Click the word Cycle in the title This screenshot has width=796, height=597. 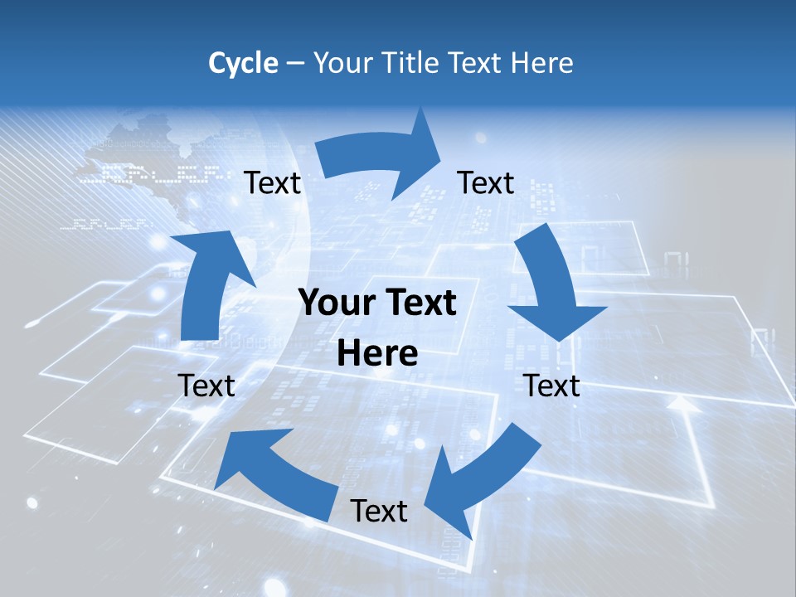pyautogui.click(x=243, y=63)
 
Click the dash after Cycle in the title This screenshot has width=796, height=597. pyautogui.click(x=295, y=63)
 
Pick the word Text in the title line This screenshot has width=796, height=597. pyautogui.click(x=475, y=63)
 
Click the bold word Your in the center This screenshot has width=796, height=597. pyautogui.click(x=335, y=303)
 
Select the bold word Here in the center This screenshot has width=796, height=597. pyautogui.click(x=377, y=354)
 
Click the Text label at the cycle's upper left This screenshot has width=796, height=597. pyautogui.click(x=272, y=183)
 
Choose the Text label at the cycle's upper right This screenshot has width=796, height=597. pyautogui.click(x=486, y=183)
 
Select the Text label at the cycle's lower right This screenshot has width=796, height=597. pyautogui.click(x=551, y=386)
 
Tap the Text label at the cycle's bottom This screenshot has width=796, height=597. pyautogui.click(x=379, y=511)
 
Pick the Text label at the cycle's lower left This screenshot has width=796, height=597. pyautogui.click(x=206, y=386)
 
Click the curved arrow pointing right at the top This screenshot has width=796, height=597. pyautogui.click(x=381, y=158)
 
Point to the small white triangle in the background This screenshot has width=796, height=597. pyautogui.click(x=681, y=404)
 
